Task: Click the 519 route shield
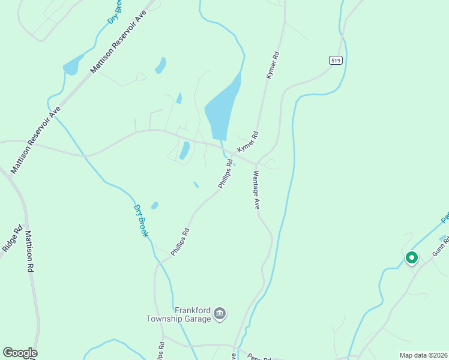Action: click(335, 59)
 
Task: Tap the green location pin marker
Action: click(411, 257)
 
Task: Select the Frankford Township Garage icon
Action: click(220, 314)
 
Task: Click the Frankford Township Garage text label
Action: click(178, 314)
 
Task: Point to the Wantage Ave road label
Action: click(256, 190)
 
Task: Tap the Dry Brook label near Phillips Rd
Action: click(140, 220)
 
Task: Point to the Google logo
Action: click(20, 353)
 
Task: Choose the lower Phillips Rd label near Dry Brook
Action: click(180, 242)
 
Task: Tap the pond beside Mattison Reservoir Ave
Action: click(71, 65)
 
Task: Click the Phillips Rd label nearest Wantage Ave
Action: click(225, 174)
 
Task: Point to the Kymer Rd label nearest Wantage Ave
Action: click(247, 142)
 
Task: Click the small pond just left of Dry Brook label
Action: click(154, 206)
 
